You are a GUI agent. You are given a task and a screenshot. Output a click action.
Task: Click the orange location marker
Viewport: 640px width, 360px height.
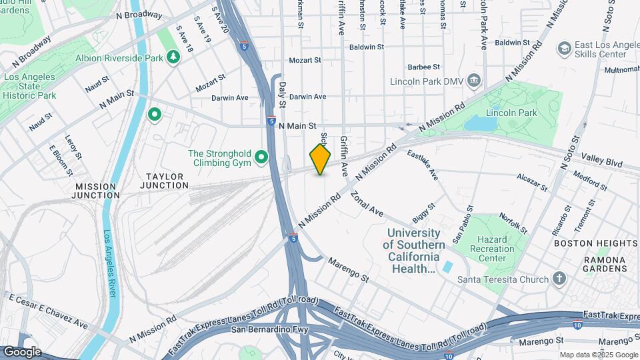(320, 159)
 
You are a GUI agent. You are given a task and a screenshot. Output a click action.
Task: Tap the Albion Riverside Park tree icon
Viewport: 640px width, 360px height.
(173, 57)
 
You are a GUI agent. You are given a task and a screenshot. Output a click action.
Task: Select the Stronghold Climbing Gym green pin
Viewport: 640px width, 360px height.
(261, 158)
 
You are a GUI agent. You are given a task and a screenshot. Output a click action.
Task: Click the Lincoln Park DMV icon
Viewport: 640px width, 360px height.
(474, 81)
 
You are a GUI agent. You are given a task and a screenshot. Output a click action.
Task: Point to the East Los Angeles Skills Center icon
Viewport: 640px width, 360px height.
(565, 49)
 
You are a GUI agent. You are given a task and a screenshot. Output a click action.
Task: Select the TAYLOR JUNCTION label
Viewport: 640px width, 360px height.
(164, 181)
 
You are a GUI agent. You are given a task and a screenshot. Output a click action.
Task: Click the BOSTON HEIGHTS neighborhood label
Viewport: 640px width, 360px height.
(596, 243)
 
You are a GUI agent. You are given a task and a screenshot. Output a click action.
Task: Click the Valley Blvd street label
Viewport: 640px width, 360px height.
(602, 159)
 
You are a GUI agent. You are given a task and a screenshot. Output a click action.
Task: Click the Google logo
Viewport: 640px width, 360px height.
(22, 351)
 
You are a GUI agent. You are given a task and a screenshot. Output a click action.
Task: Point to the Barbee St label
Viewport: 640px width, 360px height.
(423, 67)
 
